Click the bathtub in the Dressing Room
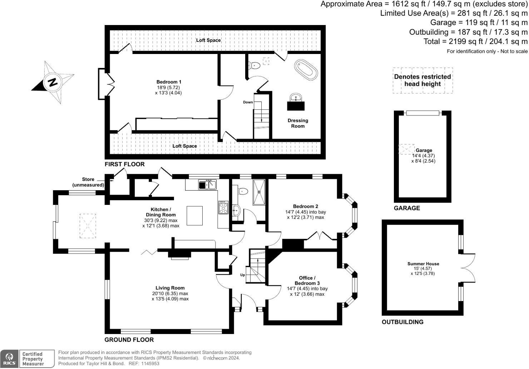306,69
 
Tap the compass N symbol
53,82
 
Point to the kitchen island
194,216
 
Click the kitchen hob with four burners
223,207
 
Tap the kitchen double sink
208,184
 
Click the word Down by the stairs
248,102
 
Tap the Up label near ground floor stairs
243,275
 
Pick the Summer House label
423,264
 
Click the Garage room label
424,151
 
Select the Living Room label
170,288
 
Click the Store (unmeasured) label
88,182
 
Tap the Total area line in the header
475,41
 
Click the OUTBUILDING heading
402,322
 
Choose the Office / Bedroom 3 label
307,280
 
